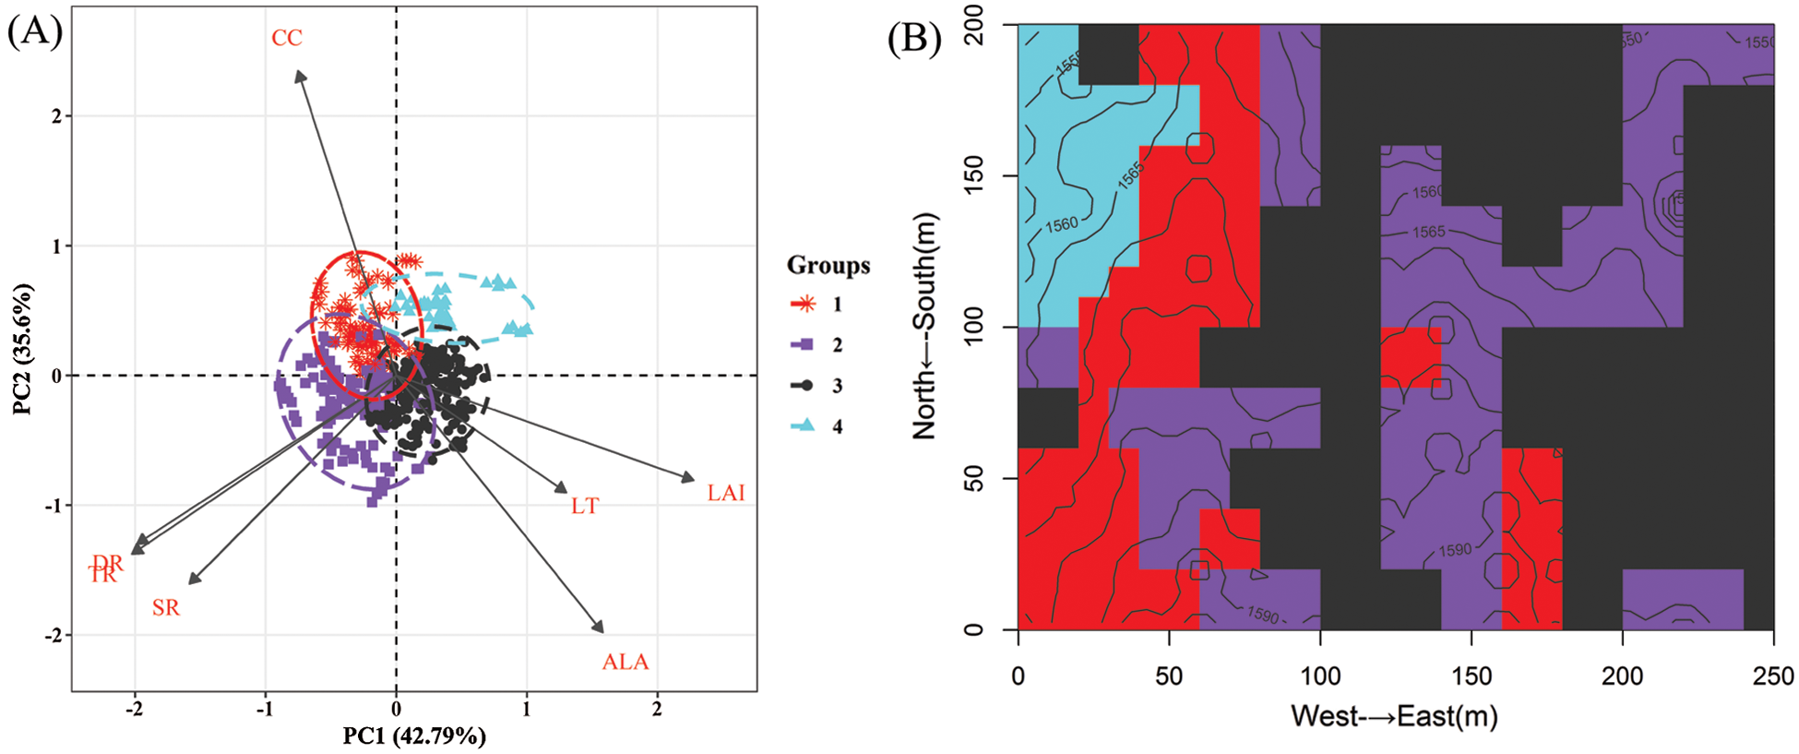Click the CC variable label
(286, 38)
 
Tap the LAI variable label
(726, 493)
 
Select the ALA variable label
(625, 662)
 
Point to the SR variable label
(166, 607)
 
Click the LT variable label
(585, 506)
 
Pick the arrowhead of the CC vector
(299, 75)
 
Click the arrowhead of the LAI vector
(689, 478)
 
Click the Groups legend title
(828, 266)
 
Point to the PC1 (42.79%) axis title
(414, 736)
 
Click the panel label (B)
(914, 39)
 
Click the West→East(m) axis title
(1394, 716)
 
